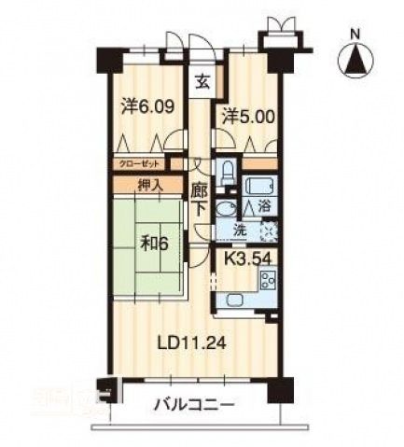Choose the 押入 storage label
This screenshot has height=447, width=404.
[150, 185]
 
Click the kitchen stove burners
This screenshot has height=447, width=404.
[269, 279]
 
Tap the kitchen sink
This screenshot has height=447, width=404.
[234, 300]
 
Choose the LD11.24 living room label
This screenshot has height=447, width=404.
[192, 342]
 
